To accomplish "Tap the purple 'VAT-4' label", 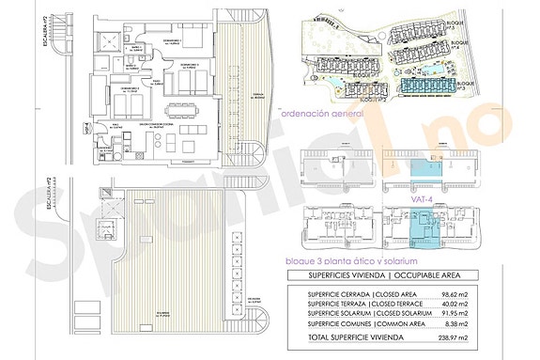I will tap(423, 198).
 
